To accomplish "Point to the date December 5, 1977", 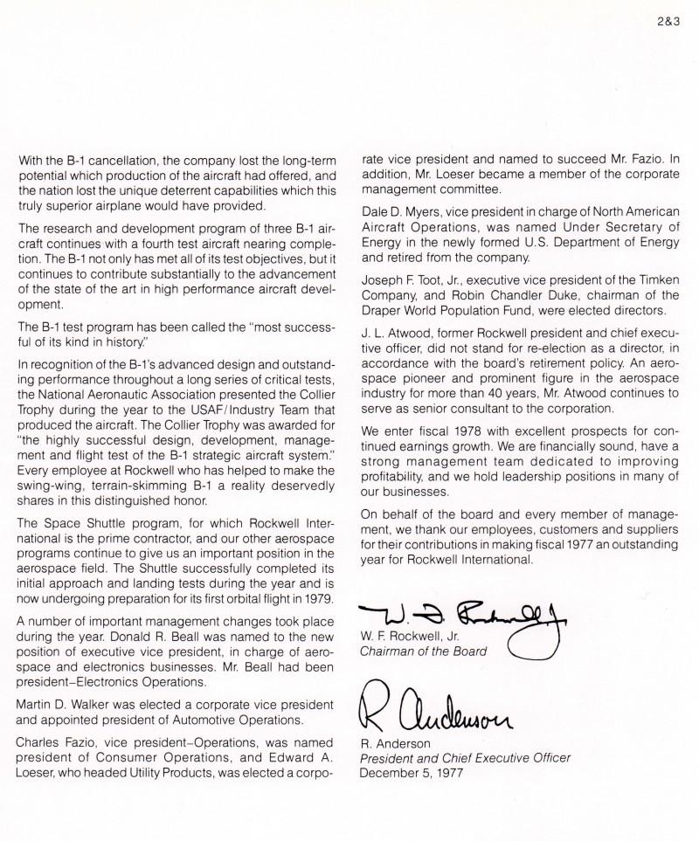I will click(x=411, y=773).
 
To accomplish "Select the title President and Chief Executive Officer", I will click(x=465, y=758).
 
